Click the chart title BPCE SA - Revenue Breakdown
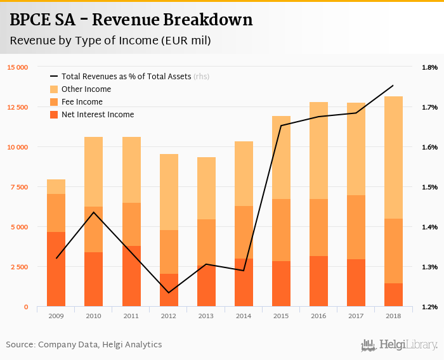coord(131,20)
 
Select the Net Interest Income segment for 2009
coord(56,269)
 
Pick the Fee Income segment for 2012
coord(169,252)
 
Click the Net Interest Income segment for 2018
coord(393,295)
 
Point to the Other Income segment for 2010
coord(94,171)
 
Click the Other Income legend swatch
coord(54,89)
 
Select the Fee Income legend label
coord(82,102)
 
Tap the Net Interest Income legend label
coord(98,115)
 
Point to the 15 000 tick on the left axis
coord(18,67)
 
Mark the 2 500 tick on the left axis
coord(18,267)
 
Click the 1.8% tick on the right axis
coord(429,67)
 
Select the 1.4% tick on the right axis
coord(429,227)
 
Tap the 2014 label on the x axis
coord(244,316)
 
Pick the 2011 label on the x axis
coord(131,316)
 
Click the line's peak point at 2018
coord(393,86)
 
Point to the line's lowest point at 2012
coord(169,292)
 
